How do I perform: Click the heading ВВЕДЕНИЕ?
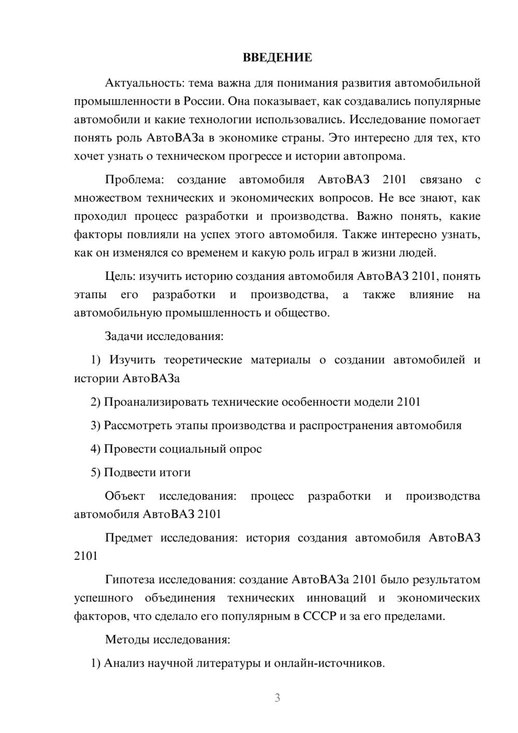277,58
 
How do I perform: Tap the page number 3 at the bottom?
277,698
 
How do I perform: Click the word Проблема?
134,180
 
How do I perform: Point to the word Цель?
121,276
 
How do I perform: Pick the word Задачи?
124,336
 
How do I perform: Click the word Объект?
125,496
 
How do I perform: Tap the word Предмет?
128,538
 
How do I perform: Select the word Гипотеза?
129,580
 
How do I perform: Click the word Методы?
127,639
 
